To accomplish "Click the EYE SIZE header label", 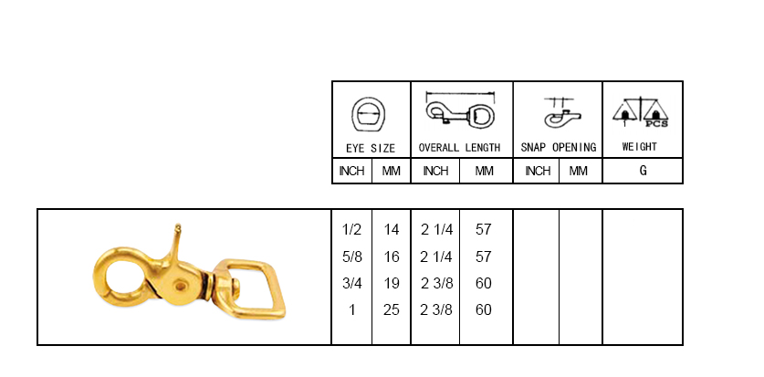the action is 371,148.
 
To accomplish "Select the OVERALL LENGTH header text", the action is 459,148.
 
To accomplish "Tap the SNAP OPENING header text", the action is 559,147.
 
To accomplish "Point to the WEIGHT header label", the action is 639,147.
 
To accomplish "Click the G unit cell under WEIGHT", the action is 644,171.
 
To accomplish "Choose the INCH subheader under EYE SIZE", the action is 351,171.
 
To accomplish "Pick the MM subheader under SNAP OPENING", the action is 579,171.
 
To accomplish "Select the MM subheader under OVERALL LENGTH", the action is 485,171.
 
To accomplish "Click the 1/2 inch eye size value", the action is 351,229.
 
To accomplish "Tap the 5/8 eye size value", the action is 352,257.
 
